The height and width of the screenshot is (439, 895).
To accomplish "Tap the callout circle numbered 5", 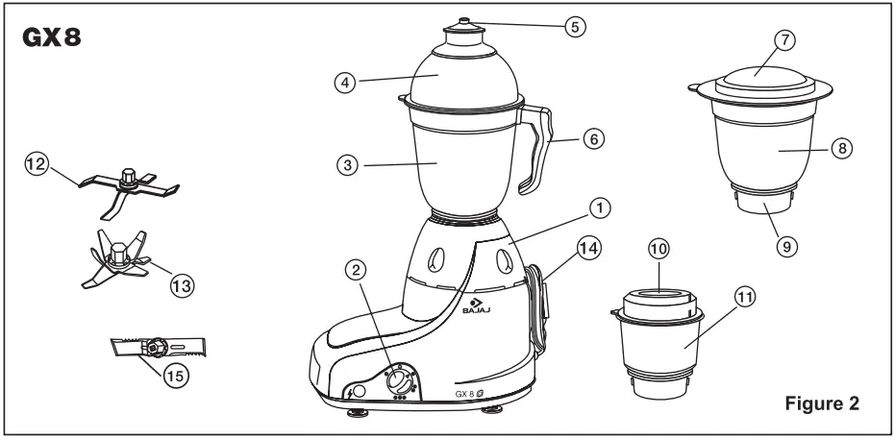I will pyautogui.click(x=574, y=27).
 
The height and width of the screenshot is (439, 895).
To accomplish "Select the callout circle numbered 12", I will pyautogui.click(x=36, y=165).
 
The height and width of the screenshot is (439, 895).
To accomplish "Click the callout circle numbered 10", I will pyautogui.click(x=658, y=249).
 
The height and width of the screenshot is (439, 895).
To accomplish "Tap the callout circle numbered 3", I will pyautogui.click(x=348, y=164).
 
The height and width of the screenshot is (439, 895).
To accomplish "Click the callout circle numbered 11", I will pyautogui.click(x=743, y=300).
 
